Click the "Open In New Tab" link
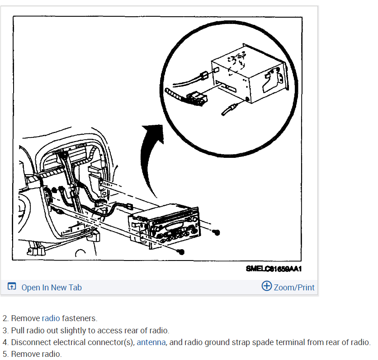[x=52, y=287]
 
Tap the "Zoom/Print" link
[x=294, y=287]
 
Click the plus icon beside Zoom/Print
[x=267, y=286]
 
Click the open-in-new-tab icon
[x=12, y=287]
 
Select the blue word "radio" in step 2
[x=51, y=318]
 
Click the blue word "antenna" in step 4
[x=151, y=342]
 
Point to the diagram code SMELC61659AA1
[x=274, y=268]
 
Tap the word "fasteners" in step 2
[x=80, y=318]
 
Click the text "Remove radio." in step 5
[x=36, y=354]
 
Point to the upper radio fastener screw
[x=217, y=232]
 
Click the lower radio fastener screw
[x=180, y=251]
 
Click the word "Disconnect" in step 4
[x=30, y=342]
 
